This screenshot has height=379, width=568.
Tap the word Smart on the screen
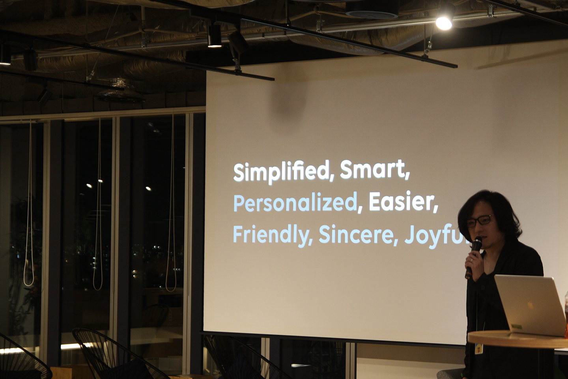click(x=372, y=169)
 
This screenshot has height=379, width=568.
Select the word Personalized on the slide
click(x=295, y=204)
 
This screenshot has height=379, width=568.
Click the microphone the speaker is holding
click(x=473, y=256)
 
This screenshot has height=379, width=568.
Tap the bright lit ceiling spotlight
click(x=444, y=23)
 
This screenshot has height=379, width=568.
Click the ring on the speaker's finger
click(x=471, y=260)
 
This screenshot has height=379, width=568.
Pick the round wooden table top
click(x=517, y=339)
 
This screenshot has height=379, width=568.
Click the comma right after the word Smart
click(x=407, y=176)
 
